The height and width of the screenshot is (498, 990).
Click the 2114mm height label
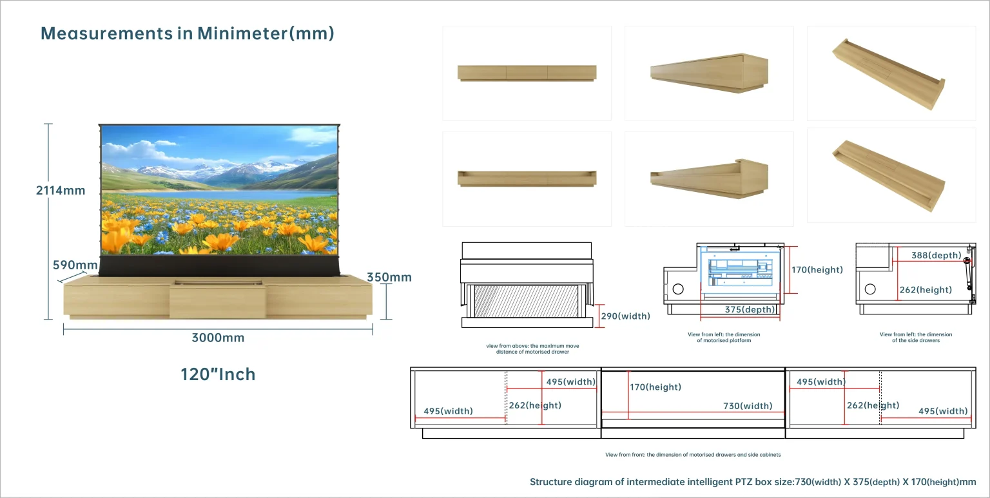61,190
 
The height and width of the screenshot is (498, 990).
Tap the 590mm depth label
75,265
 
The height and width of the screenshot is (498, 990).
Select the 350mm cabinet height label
389,278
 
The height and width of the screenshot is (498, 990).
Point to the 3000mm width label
218,338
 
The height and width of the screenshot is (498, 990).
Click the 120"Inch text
218,374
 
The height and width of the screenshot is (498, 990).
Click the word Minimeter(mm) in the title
266,34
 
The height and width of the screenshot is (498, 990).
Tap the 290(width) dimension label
625,316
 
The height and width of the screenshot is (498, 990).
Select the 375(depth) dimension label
750,310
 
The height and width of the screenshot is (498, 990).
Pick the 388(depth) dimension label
936,256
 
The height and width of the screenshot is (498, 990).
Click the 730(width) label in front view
748,406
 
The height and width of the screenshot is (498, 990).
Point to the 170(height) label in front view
655,387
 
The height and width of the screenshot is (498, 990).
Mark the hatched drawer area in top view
526,301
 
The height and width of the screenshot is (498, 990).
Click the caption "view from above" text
528,349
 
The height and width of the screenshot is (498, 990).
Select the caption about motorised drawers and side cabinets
692,455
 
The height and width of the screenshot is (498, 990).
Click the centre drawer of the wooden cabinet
217,302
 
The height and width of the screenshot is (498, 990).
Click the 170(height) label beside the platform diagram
817,270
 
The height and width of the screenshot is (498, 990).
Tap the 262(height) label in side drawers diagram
926,290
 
